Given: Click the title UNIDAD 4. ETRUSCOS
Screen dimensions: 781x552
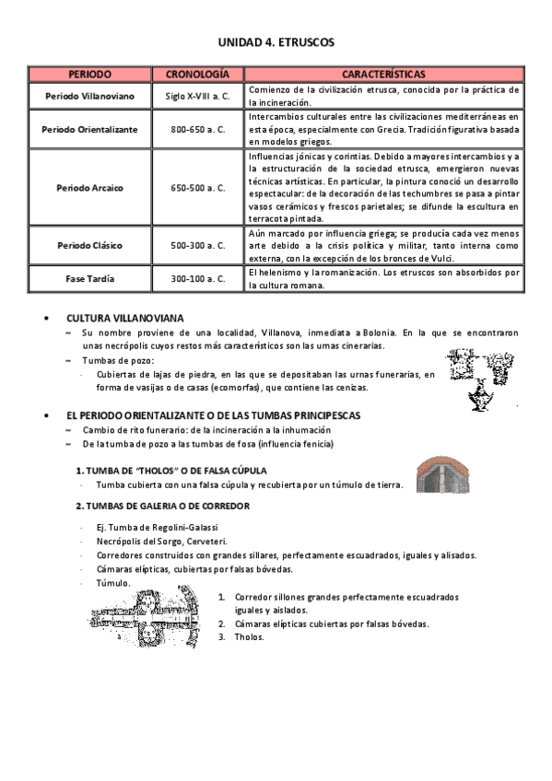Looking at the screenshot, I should coord(276,42).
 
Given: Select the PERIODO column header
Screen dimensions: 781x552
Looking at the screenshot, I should coord(90,73).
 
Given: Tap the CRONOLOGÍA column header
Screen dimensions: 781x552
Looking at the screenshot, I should coord(197,73).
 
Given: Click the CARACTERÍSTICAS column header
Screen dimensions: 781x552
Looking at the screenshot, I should coord(383,73).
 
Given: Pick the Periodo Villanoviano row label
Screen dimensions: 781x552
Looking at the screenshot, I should coord(90,96).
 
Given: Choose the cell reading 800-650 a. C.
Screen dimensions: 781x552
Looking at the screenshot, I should coord(197,129).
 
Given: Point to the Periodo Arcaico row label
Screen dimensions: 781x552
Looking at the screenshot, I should coord(90,188).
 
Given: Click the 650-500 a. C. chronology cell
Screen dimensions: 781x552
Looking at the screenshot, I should coord(197,188).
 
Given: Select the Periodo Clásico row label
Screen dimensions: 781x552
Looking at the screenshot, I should coord(90,246).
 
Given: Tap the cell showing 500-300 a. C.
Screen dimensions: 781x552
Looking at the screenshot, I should coord(197,246).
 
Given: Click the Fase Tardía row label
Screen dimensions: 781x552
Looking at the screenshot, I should coord(90,279).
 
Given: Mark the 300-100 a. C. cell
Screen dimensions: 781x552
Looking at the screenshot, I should coord(197,279).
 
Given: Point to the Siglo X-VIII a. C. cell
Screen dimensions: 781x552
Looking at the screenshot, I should coord(197,96).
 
